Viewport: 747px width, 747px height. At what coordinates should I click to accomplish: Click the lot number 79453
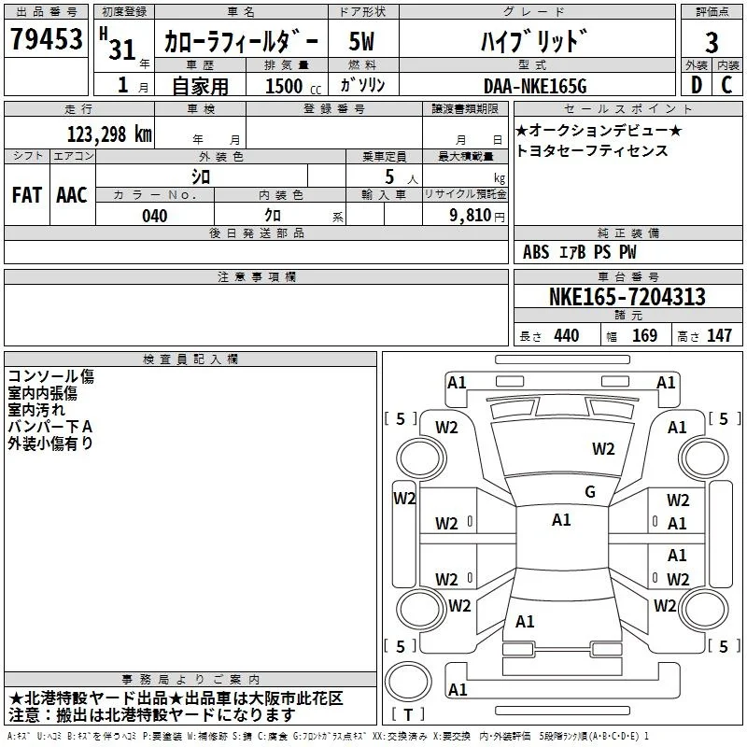tap(46, 39)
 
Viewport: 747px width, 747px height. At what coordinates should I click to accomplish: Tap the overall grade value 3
tap(712, 42)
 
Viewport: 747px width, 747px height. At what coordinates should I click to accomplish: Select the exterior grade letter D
tap(696, 85)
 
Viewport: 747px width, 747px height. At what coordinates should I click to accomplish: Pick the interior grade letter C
tap(726, 85)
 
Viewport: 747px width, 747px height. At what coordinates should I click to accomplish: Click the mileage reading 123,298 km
tap(109, 134)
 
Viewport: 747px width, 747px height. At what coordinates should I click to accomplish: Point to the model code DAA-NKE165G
tap(535, 86)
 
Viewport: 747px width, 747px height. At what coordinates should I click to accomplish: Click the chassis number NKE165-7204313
tap(627, 297)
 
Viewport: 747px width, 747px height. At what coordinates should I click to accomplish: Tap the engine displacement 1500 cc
tap(293, 86)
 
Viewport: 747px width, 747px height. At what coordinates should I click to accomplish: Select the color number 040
tap(154, 216)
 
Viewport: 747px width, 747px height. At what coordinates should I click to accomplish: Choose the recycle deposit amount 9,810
tap(471, 216)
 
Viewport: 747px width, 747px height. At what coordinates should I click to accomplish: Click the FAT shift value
tap(27, 195)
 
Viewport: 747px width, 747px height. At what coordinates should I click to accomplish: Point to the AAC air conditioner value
tap(72, 195)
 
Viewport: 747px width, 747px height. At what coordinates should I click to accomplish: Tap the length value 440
tap(567, 335)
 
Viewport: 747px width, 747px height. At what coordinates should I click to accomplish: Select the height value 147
tap(719, 335)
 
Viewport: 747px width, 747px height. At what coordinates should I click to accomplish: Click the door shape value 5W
tap(361, 41)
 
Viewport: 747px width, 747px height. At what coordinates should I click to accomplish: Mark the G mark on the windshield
tap(590, 492)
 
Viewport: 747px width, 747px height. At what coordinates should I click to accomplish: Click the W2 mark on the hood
tap(603, 449)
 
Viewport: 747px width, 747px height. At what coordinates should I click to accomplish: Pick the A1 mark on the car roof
tap(561, 520)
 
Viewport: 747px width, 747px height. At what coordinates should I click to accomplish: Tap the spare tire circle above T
tap(408, 682)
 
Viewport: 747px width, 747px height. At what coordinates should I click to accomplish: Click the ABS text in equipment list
tap(536, 252)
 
